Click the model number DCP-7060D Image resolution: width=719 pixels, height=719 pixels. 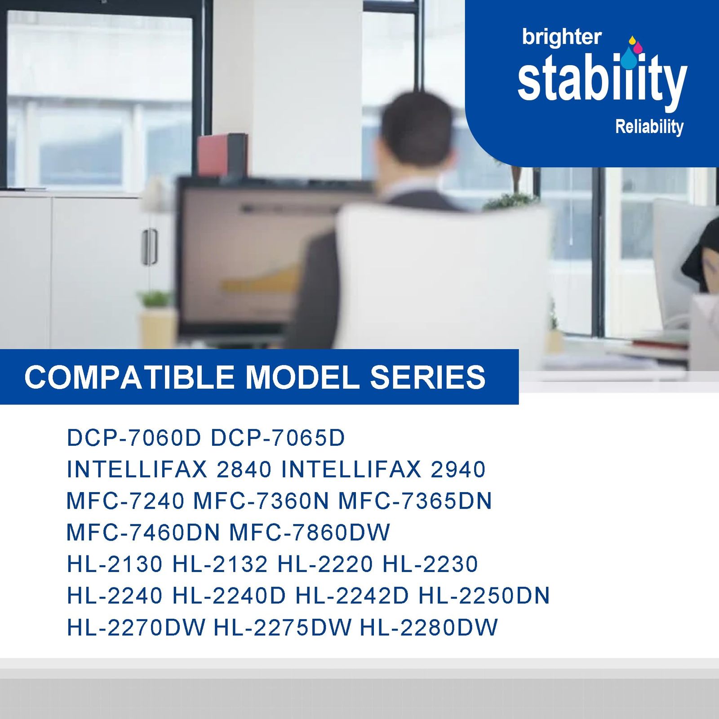134,438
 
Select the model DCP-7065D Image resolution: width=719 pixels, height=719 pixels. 278,438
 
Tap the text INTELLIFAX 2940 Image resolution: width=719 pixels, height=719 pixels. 383,470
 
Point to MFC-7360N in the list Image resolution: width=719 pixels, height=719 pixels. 261,501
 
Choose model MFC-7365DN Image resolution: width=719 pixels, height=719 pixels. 415,501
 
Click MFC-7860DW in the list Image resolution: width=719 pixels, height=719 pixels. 310,533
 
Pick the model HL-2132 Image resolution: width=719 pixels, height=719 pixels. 220,564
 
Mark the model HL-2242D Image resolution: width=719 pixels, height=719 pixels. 352,595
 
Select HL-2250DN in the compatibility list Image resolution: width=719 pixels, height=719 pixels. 484,595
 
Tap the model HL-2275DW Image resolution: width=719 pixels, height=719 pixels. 283,627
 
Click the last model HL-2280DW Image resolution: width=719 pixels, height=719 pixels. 429,627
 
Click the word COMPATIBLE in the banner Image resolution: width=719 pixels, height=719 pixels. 129,377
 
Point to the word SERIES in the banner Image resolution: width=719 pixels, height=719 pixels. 428,377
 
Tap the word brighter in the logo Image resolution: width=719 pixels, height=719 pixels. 562,37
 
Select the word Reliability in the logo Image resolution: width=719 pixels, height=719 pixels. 649,127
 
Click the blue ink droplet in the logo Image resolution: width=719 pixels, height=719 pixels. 629,58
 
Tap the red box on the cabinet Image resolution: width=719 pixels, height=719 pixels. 222,155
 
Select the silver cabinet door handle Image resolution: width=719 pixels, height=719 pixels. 150,247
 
